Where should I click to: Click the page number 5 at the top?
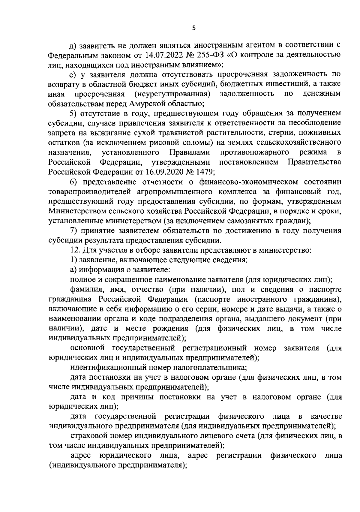[x=193, y=28]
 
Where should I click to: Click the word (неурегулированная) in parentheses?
[x=172, y=94]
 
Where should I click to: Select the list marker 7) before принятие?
[x=74, y=231]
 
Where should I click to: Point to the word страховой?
[x=87, y=436]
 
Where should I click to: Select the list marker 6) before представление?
[x=74, y=182]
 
